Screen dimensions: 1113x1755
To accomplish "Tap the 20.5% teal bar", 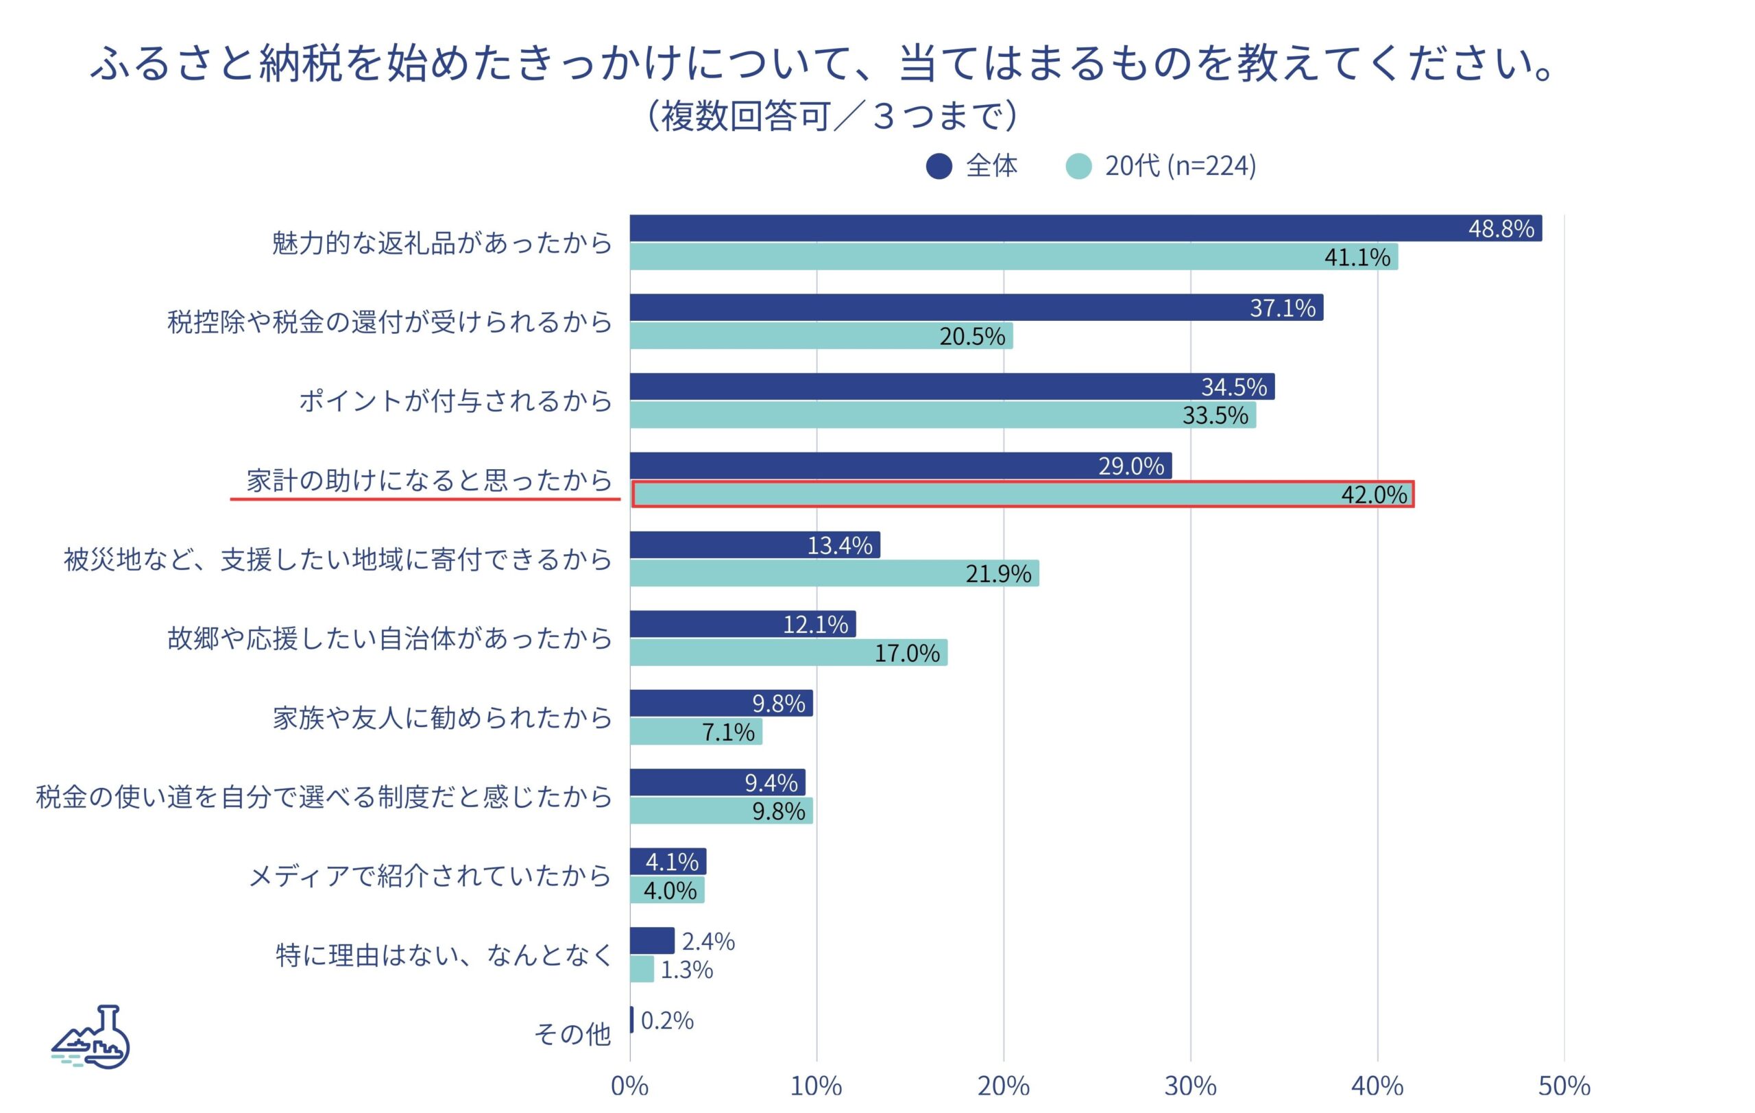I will click(821, 336).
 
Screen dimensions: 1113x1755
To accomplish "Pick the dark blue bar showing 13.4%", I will click(754, 544).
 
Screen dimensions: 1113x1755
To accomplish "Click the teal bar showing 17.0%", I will click(788, 652).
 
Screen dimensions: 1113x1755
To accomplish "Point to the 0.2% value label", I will click(667, 1020).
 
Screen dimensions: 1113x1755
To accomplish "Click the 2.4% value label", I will click(707, 941).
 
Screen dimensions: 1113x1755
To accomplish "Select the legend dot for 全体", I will click(939, 166).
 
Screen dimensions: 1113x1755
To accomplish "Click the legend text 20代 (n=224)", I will click(1180, 166).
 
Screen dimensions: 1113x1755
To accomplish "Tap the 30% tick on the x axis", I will click(1190, 1086).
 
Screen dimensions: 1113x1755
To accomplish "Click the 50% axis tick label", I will click(1564, 1086).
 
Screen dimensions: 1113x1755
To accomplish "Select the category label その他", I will click(572, 1033).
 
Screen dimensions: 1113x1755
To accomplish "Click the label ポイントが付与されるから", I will click(455, 401).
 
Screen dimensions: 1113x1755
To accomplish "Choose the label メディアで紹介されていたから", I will click(430, 876).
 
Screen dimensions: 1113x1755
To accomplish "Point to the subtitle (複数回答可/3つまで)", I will click(832, 116).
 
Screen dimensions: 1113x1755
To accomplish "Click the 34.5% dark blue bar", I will click(951, 386).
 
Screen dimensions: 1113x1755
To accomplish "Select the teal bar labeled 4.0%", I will click(666, 890).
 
